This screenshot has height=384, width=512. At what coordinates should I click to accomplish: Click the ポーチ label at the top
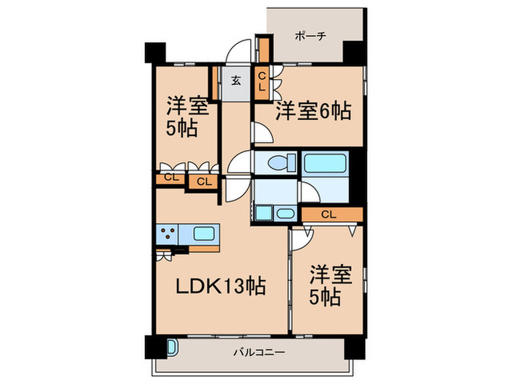tap(309, 35)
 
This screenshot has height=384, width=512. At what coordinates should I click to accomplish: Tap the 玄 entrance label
tap(237, 80)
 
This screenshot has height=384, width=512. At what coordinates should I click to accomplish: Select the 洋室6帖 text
tap(313, 112)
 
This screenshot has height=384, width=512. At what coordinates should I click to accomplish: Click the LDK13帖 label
tap(218, 287)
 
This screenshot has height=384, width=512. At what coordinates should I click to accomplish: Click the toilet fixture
tap(276, 162)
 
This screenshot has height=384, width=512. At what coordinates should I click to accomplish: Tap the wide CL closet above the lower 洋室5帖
tap(328, 214)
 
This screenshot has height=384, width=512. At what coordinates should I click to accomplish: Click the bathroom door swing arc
tap(309, 192)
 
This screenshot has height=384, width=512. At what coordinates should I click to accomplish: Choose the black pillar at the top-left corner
tap(156, 54)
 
